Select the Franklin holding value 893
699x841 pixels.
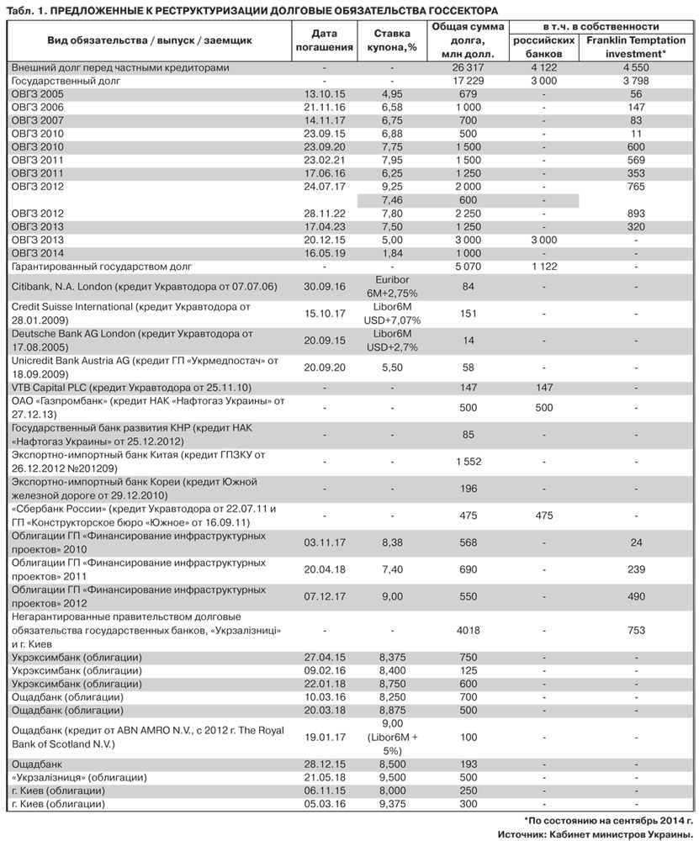click(x=636, y=214)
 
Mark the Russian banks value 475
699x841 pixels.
click(x=544, y=514)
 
